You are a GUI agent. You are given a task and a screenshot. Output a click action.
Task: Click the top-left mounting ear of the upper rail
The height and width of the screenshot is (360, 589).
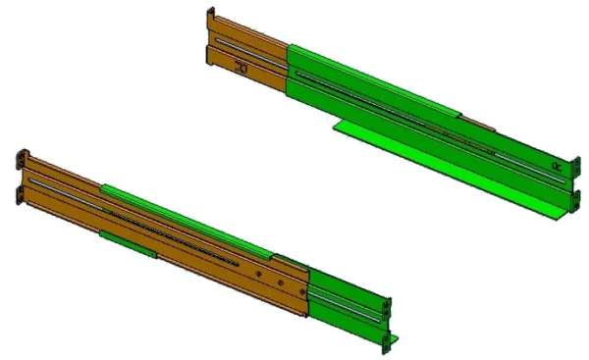[210, 22]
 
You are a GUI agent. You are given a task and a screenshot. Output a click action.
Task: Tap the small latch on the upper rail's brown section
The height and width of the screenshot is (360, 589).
[241, 68]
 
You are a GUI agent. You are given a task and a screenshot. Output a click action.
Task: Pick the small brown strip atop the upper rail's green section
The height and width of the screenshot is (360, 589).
[478, 123]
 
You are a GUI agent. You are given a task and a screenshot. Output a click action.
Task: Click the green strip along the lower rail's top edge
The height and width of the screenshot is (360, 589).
[187, 212]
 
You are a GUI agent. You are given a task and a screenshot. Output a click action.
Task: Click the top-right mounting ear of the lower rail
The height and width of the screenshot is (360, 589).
[387, 305]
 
